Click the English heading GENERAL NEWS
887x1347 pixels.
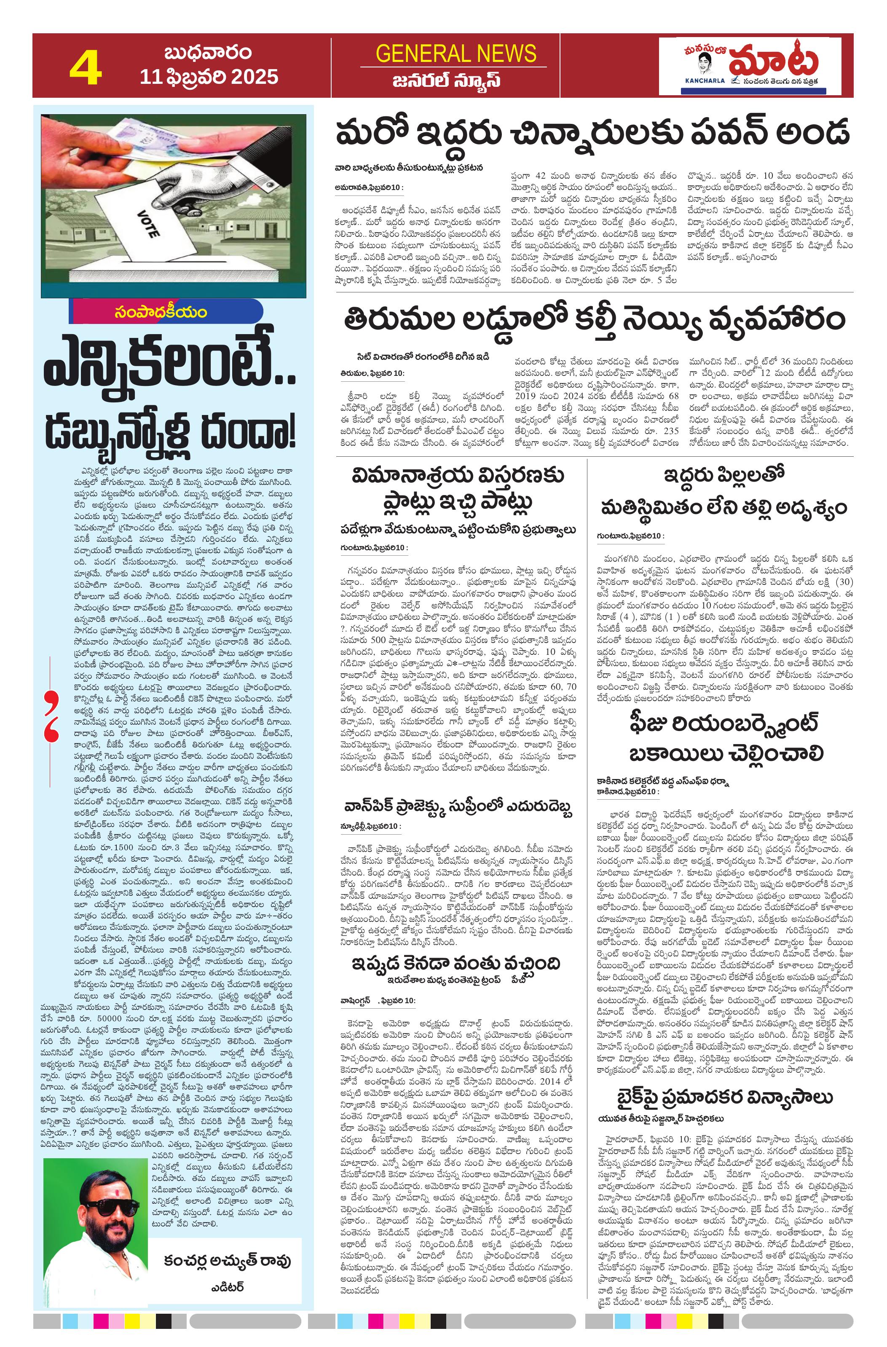point(456,54)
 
